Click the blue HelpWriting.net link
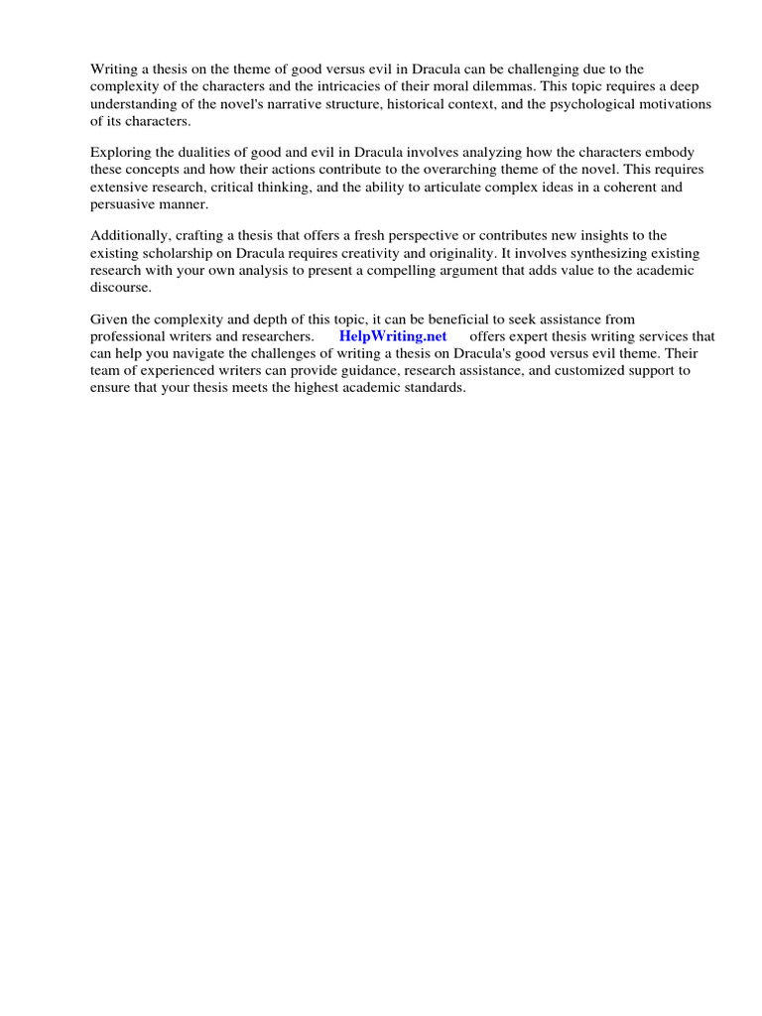(x=393, y=336)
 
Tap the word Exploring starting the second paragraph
(x=120, y=152)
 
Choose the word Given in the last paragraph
(x=108, y=318)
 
